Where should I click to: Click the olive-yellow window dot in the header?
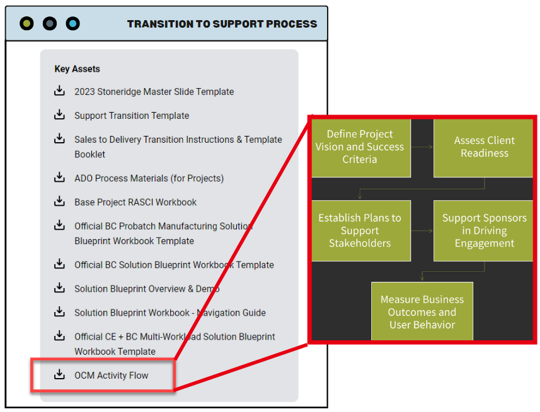[x=26, y=24]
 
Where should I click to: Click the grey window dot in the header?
[x=50, y=24]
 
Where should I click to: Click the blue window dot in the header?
[x=72, y=24]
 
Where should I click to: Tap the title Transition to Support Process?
[x=222, y=24]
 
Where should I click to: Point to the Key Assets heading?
[x=77, y=69]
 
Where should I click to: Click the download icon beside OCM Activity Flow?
[x=59, y=374]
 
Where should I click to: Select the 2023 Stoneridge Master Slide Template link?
[x=154, y=92]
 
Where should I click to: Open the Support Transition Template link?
[x=132, y=116]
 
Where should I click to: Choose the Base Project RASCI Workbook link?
[x=135, y=202]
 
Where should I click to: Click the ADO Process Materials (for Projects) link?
[x=149, y=179]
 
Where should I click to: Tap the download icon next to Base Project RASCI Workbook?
[x=59, y=201]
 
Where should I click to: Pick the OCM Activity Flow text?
[x=112, y=376]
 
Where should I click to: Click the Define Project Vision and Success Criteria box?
[x=361, y=148]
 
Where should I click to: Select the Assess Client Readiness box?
[x=483, y=148]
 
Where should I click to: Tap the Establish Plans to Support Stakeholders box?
[x=361, y=230]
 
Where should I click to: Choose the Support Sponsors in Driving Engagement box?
[x=483, y=230]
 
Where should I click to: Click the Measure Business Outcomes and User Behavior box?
[x=422, y=311]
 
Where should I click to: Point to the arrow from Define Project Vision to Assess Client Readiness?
[x=422, y=147]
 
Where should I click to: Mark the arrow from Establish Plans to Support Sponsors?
[x=422, y=231]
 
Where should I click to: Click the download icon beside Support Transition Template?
[x=59, y=114]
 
